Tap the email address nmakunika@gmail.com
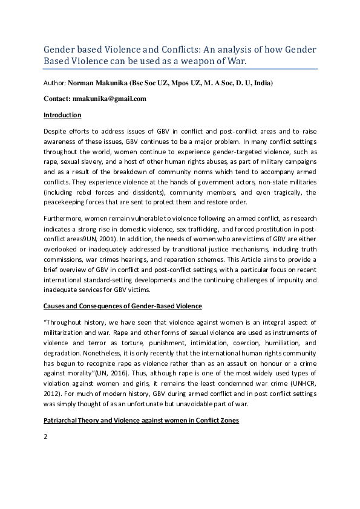pyautogui.click(x=111, y=98)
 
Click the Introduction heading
pyautogui.click(x=62, y=115)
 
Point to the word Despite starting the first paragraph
pyautogui.click(x=56, y=131)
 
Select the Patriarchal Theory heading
pyautogui.click(x=141, y=420)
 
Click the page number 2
pyautogui.click(x=45, y=436)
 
